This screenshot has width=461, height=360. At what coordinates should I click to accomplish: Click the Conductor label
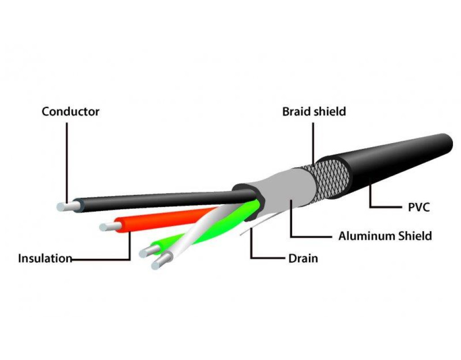coord(70,111)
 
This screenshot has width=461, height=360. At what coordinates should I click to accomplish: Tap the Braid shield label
coord(314,111)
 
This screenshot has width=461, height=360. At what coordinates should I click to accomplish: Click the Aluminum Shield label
coord(385,236)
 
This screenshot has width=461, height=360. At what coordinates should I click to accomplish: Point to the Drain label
coord(303,258)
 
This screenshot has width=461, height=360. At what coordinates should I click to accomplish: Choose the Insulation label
coord(45,259)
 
